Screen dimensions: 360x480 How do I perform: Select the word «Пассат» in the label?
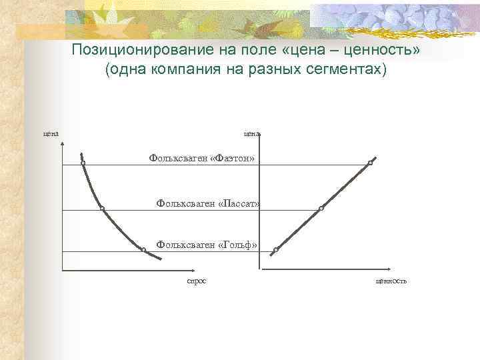point(239,202)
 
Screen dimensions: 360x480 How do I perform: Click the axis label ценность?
point(391,281)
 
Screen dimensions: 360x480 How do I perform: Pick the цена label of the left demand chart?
point(51,133)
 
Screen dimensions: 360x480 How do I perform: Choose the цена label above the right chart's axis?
point(252,133)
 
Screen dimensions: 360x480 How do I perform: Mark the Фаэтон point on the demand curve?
point(83,163)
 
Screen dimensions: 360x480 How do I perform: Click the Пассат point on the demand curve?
point(102,209)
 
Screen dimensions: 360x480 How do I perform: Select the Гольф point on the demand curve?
point(143,249)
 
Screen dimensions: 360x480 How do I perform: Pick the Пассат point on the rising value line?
point(321,209)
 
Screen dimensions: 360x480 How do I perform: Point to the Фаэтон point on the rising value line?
point(370,163)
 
